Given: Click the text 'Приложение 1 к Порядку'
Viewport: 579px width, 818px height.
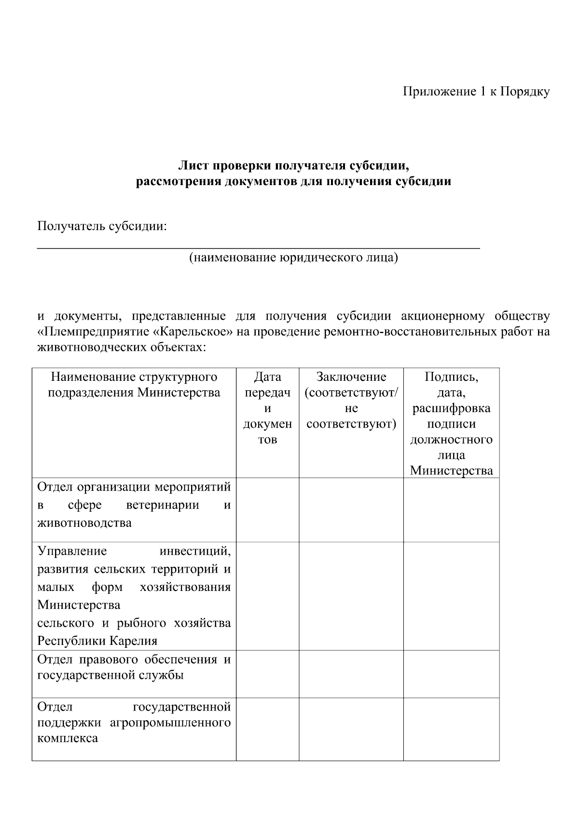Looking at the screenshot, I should pyautogui.click(x=476, y=92).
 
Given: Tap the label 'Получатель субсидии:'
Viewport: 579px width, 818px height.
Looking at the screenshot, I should pyautogui.click(x=102, y=226).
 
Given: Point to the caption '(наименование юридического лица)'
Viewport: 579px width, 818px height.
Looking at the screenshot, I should pyautogui.click(x=293, y=258).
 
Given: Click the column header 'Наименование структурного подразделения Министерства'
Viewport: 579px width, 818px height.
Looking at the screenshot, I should pyautogui.click(x=134, y=385).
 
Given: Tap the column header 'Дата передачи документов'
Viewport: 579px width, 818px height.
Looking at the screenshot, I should pyautogui.click(x=267, y=408).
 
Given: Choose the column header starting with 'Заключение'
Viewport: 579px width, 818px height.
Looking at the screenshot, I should pyautogui.click(x=351, y=400).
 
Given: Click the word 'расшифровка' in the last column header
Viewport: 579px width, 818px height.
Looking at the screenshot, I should pyautogui.click(x=451, y=408).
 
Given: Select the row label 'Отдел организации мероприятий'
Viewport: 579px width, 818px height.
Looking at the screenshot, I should pyautogui.click(x=134, y=487).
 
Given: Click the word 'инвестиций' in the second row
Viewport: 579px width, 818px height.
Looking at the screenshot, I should pyautogui.click(x=195, y=551).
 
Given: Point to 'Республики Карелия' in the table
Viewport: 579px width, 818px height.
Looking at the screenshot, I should pyautogui.click(x=97, y=641).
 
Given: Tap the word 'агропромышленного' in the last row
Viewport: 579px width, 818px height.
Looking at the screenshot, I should pyautogui.click(x=170, y=723).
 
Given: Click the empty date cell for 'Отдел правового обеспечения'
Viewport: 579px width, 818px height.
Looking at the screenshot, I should pyautogui.click(x=267, y=673).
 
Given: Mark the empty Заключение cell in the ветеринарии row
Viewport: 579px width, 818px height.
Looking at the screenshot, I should pyautogui.click(x=351, y=510).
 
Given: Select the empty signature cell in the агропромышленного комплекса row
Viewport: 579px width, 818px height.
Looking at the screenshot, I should pyautogui.click(x=451, y=729).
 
